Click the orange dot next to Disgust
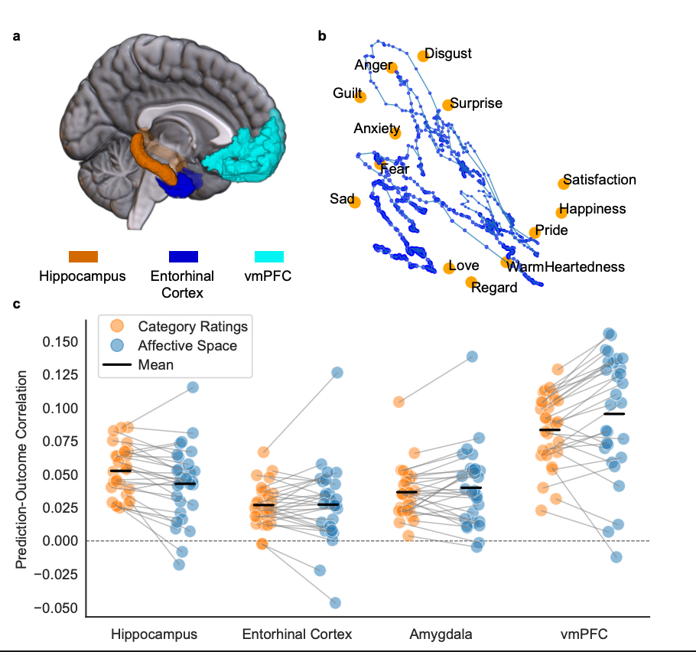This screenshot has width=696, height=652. (423, 56)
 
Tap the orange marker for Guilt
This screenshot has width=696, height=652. (360, 97)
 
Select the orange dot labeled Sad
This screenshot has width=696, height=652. (355, 202)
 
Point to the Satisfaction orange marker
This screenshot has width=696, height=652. (564, 183)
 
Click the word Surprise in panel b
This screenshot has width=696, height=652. (476, 103)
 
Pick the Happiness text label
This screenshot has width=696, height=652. (592, 209)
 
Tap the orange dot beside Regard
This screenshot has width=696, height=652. (471, 282)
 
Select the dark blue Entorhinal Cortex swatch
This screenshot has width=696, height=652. (183, 256)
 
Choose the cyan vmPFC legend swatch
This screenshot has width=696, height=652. (269, 256)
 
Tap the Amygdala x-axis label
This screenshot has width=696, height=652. (440, 634)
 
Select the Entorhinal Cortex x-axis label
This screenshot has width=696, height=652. (297, 634)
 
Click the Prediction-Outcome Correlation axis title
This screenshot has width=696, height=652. (23, 470)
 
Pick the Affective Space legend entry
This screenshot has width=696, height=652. (187, 346)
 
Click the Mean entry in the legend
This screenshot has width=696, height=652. (155, 365)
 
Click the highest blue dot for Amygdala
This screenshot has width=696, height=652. (473, 357)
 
